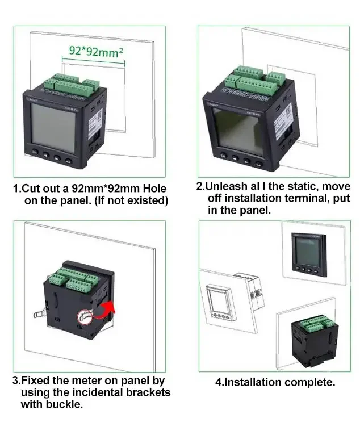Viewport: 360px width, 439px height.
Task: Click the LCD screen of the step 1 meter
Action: [53, 127]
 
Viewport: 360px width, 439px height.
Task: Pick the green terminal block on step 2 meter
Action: [253, 80]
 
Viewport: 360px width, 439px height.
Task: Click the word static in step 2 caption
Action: [294, 186]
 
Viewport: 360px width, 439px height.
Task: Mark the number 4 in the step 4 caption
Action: [218, 382]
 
